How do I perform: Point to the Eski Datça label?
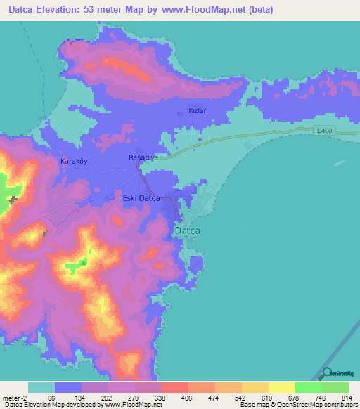click(x=137, y=199)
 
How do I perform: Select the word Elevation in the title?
click(x=65, y=10)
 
